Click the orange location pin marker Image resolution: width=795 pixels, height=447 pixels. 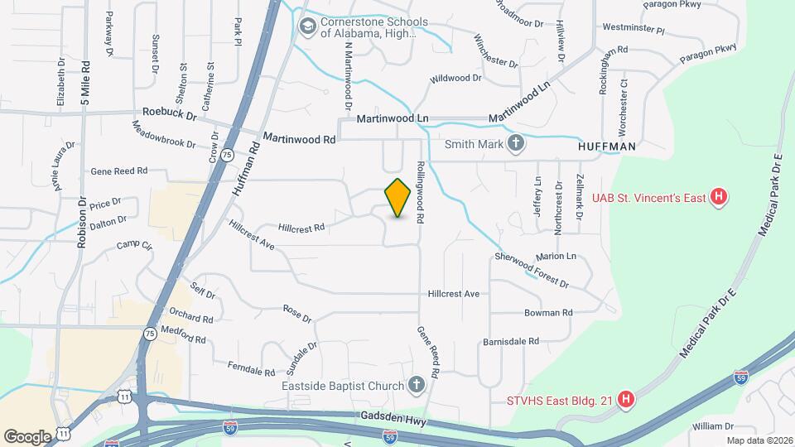tap(398, 197)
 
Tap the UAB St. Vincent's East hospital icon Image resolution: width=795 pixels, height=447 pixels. tap(720, 197)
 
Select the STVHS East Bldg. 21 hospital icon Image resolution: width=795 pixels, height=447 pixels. tap(627, 400)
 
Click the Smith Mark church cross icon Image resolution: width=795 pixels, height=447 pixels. tap(515, 143)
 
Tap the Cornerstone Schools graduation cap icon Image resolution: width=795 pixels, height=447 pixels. tap(308, 27)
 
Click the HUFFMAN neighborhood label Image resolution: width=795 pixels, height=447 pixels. tap(607, 147)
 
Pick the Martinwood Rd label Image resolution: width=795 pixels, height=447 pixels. tap(299, 139)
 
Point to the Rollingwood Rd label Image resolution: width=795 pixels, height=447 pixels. tap(421, 191)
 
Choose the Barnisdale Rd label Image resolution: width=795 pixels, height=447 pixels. tap(511, 340)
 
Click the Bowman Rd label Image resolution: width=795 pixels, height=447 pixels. tap(548, 313)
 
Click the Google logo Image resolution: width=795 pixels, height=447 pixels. tap(27, 436)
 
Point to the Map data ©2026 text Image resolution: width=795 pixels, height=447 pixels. tap(759, 440)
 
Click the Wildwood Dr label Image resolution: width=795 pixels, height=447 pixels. tap(455, 79)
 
